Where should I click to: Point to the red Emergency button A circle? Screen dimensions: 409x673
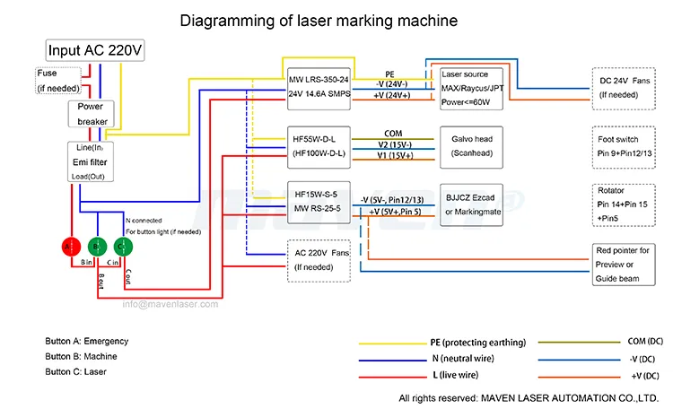coord(69,246)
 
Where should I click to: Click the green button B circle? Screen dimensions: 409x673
coord(95,246)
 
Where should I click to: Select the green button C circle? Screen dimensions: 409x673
coord(121,246)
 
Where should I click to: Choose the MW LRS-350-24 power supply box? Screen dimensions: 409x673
coord(319,86)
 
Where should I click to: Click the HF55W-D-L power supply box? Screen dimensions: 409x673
coord(318,147)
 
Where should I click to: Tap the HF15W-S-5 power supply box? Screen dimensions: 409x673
coord(319,201)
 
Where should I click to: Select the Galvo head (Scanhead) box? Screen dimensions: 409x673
coord(471,147)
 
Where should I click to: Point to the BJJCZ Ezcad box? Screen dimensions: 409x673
coord(471,202)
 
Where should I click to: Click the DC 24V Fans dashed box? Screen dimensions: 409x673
coord(626,87)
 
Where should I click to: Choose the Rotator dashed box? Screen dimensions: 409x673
coord(626,204)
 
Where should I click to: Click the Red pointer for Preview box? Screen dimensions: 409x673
coord(626,265)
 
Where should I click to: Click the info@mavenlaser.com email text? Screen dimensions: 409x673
coord(170,304)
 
